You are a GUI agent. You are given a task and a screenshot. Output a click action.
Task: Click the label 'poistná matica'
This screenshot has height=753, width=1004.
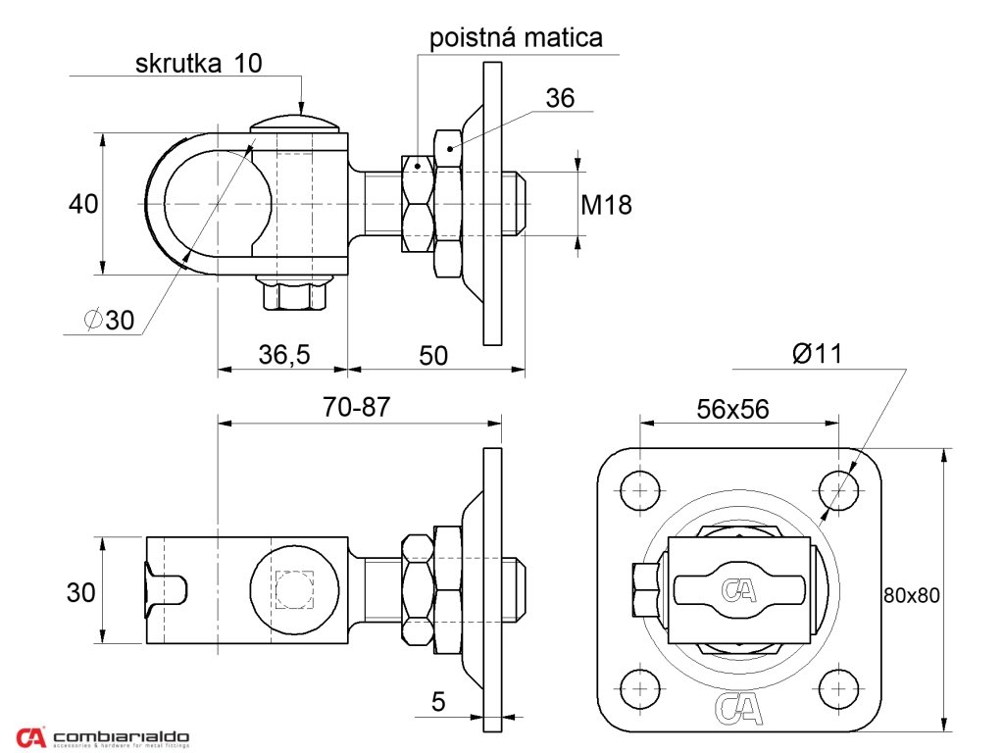point(516,38)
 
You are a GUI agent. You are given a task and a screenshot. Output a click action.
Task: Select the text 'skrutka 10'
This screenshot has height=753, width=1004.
point(200,64)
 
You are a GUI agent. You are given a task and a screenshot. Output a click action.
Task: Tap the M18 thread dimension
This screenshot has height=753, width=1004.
point(607,205)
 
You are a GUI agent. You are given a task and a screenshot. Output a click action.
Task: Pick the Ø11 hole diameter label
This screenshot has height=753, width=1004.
point(818,354)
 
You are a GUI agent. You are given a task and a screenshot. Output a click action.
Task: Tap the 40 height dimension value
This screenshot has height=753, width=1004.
point(83,204)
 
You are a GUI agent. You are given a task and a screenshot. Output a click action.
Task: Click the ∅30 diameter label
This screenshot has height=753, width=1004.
point(109,320)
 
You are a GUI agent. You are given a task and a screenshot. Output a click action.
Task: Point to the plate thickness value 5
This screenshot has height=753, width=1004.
point(438,701)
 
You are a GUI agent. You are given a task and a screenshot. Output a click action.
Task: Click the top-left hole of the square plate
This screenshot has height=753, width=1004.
point(640,488)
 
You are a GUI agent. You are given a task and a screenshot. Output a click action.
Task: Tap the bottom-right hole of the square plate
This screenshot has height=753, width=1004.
point(838,687)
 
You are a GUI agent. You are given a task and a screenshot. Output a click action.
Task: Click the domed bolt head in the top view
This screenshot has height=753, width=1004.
point(294,124)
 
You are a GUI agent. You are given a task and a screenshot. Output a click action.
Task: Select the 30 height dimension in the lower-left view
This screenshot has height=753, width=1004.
point(81,592)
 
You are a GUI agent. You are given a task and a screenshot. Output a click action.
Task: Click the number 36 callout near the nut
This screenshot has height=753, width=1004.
point(560,98)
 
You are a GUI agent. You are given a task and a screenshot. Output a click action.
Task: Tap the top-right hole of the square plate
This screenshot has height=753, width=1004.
point(838,488)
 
